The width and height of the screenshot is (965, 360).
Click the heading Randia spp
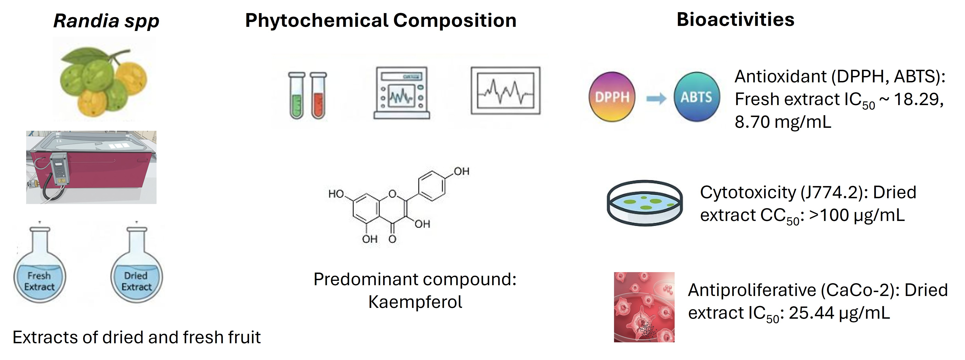(106, 21)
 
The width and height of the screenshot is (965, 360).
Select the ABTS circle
(696, 97)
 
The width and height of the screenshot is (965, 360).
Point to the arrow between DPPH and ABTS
(656, 98)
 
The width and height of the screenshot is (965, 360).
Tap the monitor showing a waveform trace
(505, 91)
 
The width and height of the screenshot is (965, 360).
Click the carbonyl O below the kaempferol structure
(392, 239)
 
